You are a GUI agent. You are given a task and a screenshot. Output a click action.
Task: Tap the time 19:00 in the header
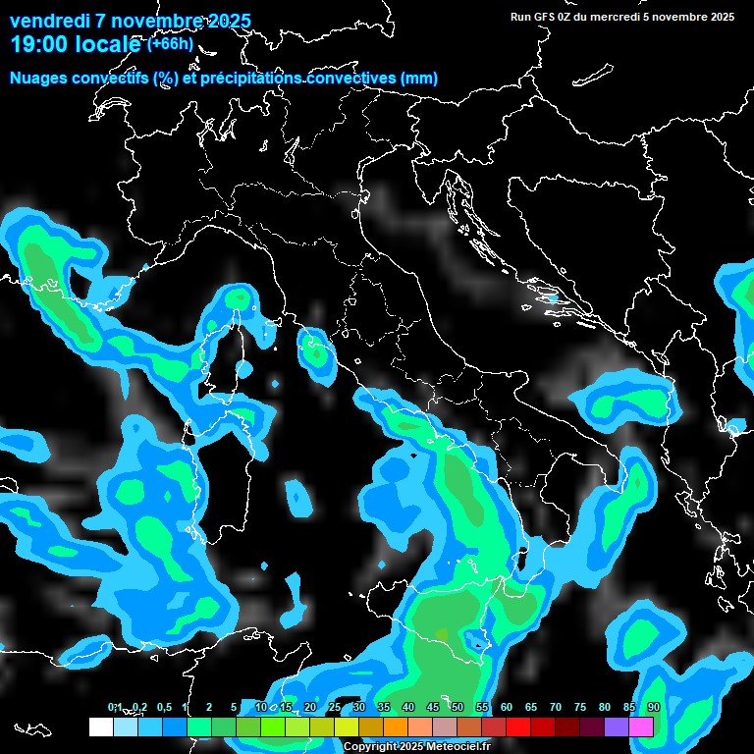click(x=40, y=45)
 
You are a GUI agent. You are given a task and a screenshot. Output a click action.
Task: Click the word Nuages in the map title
click(x=38, y=79)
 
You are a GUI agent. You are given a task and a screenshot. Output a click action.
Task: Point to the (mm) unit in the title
click(x=417, y=79)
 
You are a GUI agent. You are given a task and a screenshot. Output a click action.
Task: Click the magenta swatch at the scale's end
click(x=641, y=727)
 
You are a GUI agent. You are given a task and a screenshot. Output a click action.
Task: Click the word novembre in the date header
click(x=147, y=22)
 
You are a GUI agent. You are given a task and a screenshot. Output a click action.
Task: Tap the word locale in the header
click(x=108, y=45)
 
